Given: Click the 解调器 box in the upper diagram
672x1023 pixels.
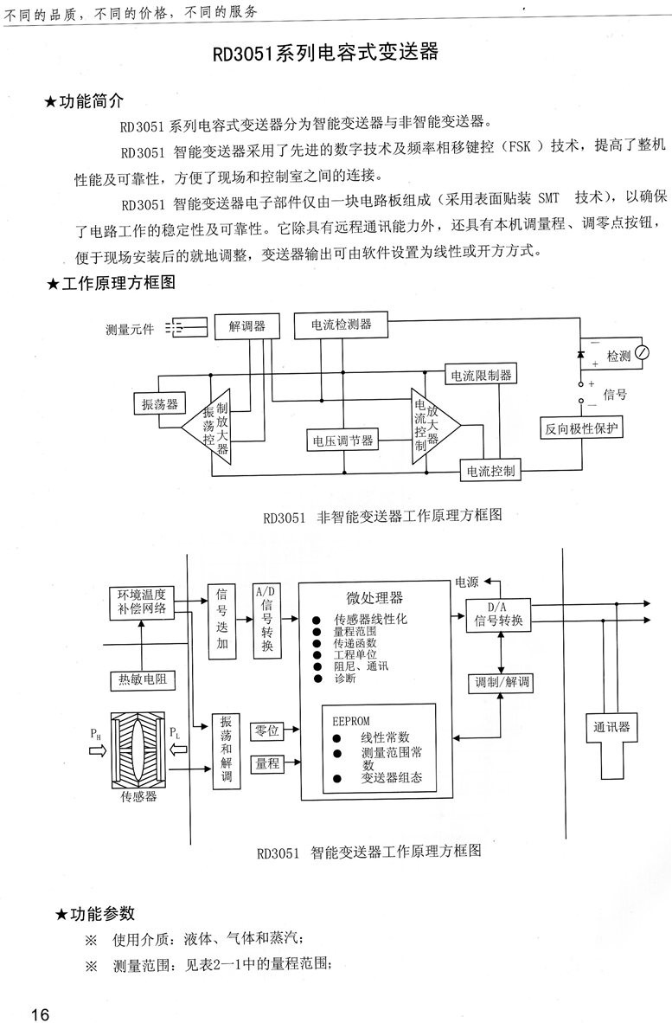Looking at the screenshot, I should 246,326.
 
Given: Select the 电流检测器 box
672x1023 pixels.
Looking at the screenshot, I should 342,325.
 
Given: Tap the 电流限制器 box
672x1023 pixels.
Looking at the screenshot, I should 481,376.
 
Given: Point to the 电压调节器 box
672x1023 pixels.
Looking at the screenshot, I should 343,441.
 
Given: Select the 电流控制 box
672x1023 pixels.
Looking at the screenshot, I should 490,471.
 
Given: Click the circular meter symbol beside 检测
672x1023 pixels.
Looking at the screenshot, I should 642,353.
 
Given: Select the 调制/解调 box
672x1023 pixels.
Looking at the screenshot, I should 498,683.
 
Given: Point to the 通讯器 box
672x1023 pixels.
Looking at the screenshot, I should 611,726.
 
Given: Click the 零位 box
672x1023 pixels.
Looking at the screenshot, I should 267,731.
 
